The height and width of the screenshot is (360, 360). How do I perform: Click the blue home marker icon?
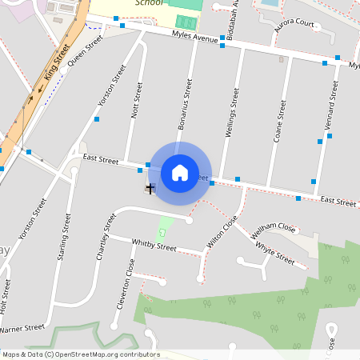[180, 172]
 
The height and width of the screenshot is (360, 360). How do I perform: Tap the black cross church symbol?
[150, 188]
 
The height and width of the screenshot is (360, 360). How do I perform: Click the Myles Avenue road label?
[195, 38]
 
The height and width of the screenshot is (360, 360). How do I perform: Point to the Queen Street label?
[86, 50]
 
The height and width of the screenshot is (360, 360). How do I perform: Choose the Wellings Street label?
[233, 114]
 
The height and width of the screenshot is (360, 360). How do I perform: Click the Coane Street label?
[280, 121]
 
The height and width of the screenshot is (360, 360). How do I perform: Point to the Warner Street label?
[22, 328]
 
